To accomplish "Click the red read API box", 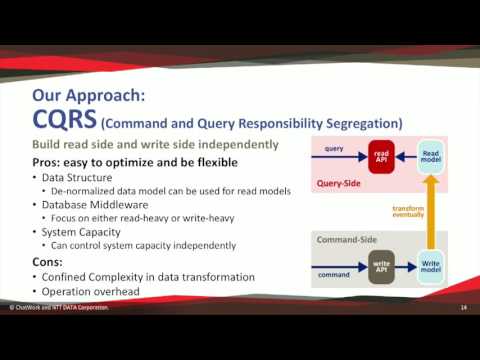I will click(381, 157).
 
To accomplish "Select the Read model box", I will click(429, 156).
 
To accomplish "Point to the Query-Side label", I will click(340, 184).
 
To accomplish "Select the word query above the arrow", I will click(335, 148).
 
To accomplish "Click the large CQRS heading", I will click(64, 121).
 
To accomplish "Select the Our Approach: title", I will click(89, 96).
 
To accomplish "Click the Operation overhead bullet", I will click(90, 291).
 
